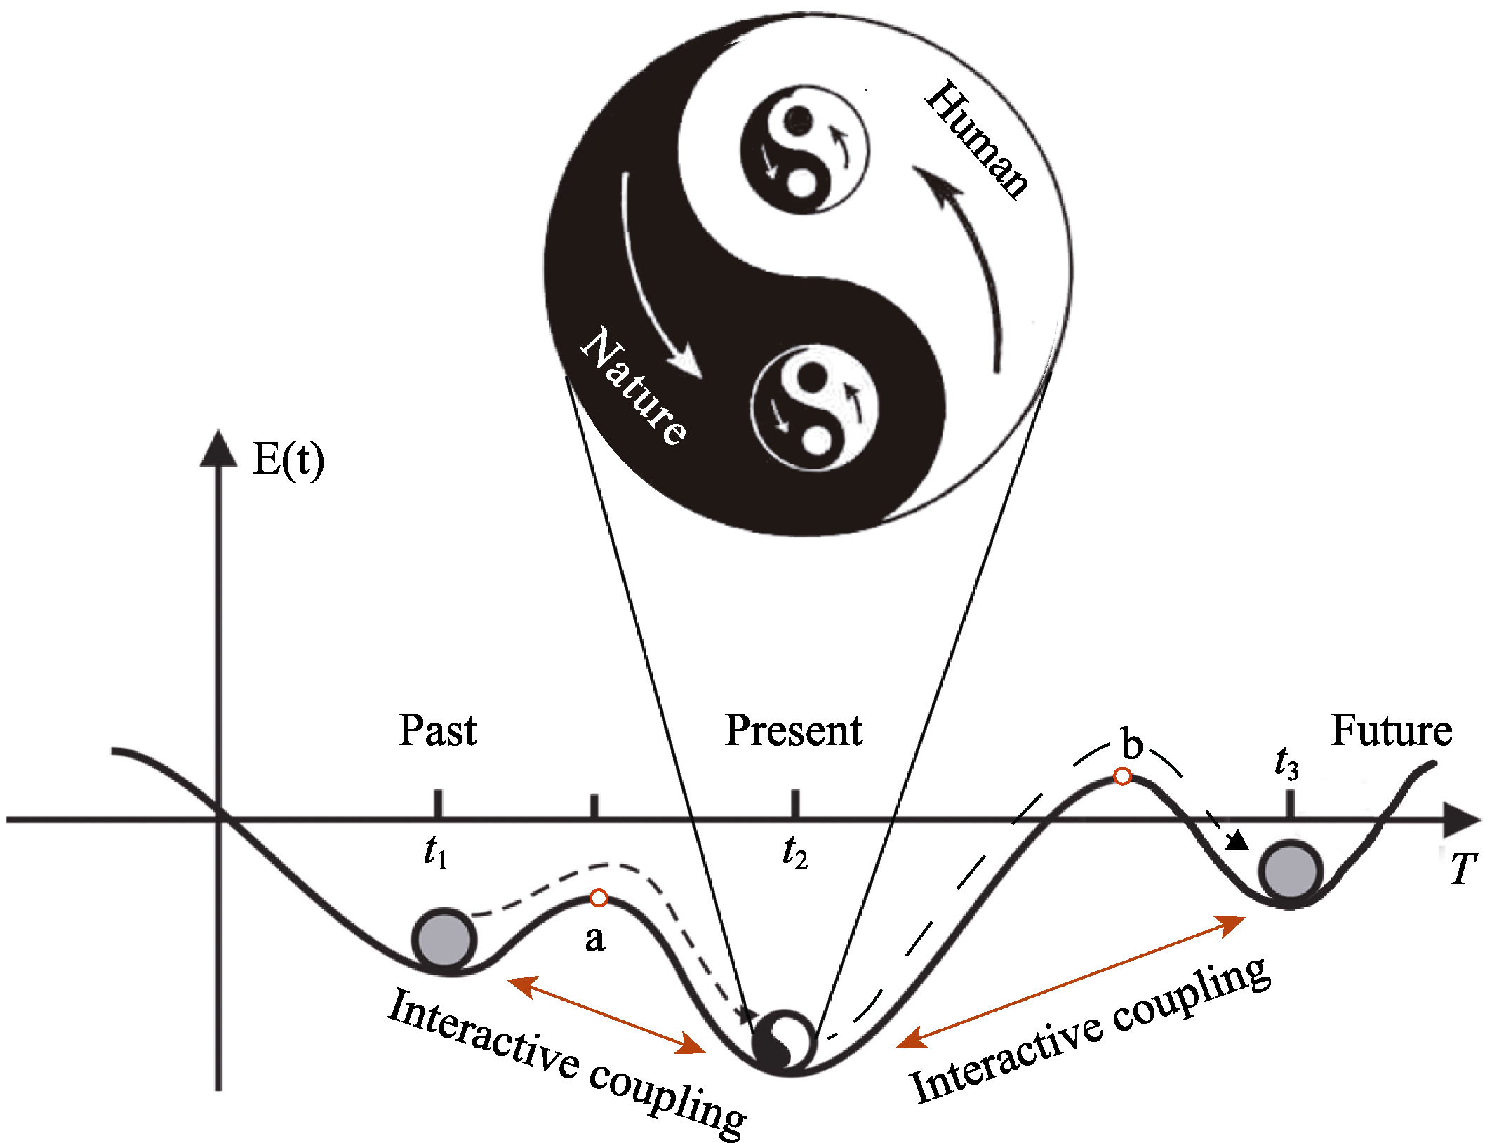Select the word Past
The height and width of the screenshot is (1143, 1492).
point(438,730)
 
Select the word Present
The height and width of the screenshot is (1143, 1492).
point(793,730)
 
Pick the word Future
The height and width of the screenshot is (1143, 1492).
point(1391,730)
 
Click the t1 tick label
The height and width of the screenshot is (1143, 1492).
point(436,852)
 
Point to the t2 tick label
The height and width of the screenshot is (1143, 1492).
point(795,852)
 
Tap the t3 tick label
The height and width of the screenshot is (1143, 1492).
point(1287,763)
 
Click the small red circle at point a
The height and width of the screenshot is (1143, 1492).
point(599,897)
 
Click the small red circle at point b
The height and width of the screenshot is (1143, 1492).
point(1123,777)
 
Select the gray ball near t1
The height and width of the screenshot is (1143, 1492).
point(444,940)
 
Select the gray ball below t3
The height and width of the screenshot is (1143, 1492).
point(1290,871)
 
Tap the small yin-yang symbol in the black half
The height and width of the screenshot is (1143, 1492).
point(815,408)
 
